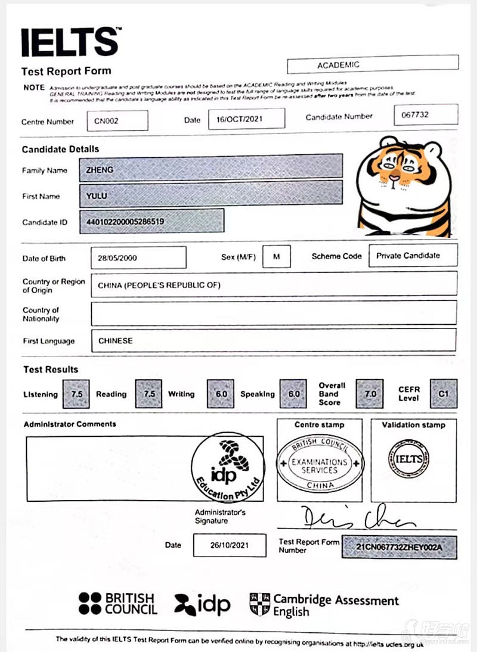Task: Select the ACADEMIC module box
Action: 373,64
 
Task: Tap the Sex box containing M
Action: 276,256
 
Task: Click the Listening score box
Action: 76,394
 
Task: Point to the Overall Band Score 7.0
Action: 370,394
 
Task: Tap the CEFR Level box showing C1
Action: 444,394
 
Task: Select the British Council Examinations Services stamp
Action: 320,464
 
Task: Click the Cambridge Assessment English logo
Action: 324,604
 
